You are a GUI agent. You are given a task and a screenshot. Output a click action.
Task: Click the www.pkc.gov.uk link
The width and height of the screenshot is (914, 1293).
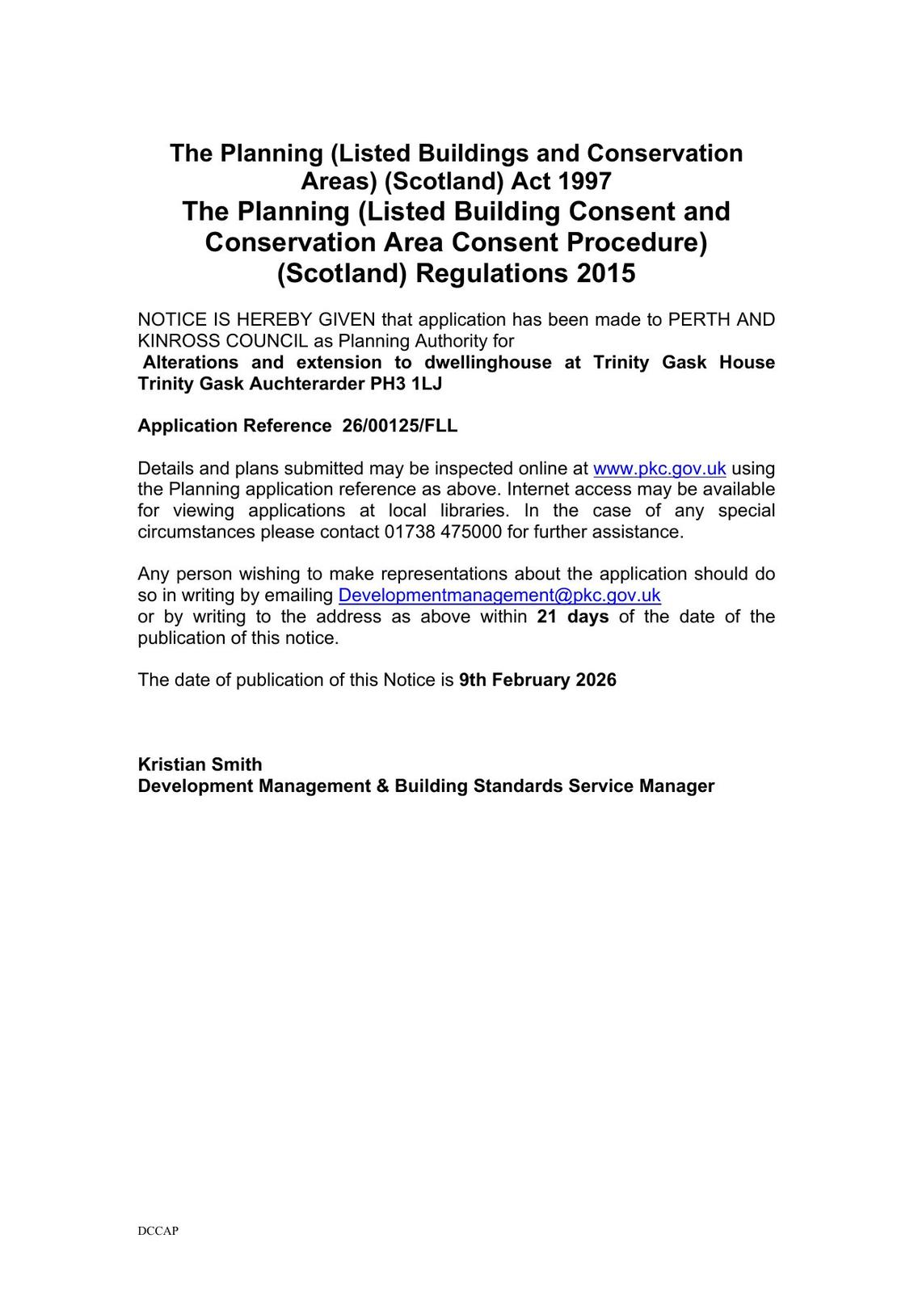(659, 469)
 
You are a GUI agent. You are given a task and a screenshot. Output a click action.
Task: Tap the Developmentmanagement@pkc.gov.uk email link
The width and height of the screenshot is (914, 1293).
(499, 596)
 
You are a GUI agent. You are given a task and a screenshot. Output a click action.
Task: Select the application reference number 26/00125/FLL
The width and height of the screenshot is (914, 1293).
(400, 426)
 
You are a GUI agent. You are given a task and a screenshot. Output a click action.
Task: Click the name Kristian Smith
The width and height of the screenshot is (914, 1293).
(200, 764)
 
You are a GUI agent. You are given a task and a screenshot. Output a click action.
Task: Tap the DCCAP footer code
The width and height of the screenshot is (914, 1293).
(158, 1232)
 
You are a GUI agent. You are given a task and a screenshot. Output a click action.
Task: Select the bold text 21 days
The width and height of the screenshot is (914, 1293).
(572, 617)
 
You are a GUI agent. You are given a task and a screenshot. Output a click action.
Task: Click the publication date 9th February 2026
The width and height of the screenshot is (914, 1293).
(537, 680)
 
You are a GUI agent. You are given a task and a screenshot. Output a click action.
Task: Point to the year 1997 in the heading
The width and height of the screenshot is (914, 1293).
(583, 180)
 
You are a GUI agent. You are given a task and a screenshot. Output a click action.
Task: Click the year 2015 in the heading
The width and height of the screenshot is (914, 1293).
(606, 273)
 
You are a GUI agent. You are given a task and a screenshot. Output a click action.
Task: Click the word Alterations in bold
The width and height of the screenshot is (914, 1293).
(191, 362)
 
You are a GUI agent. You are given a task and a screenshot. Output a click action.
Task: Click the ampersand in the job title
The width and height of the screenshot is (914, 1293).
(382, 785)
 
